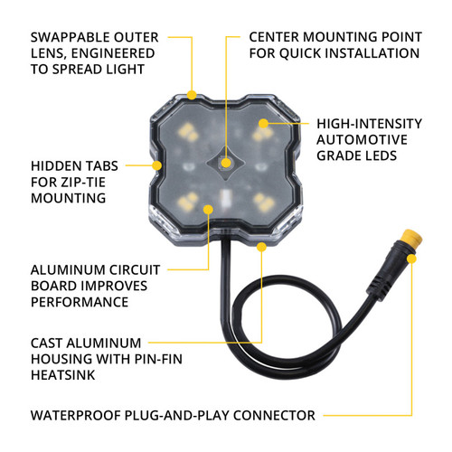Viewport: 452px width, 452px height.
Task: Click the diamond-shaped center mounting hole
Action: coord(226,165)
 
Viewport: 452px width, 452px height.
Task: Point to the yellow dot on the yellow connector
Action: coord(412,259)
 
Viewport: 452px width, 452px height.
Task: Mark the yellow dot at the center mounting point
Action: coord(227,164)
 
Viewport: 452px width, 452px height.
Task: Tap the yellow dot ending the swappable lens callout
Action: coord(191,93)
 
